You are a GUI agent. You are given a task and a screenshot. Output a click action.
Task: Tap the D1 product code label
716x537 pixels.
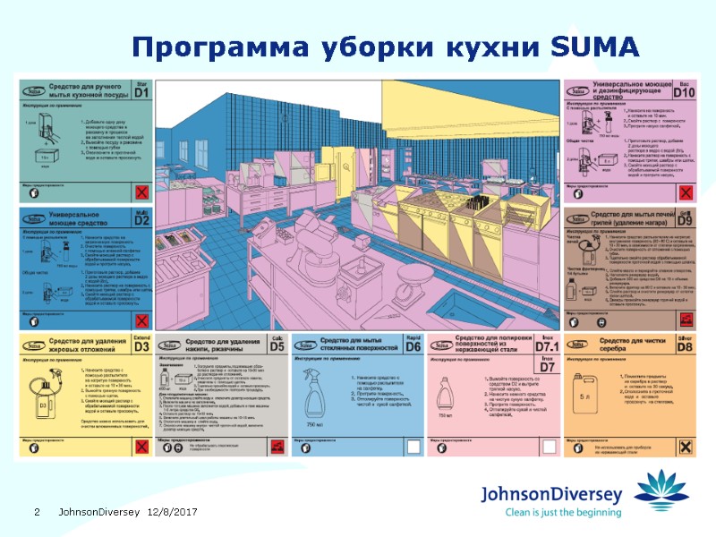141,90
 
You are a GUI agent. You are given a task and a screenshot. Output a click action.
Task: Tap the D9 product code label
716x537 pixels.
685,219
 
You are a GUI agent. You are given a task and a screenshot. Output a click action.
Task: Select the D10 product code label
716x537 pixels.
684,90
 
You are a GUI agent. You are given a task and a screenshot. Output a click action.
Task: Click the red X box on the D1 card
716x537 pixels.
141,193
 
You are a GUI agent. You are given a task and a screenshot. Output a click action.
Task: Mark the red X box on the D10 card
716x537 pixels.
685,193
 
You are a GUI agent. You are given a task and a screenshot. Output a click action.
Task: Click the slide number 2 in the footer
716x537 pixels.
37,512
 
